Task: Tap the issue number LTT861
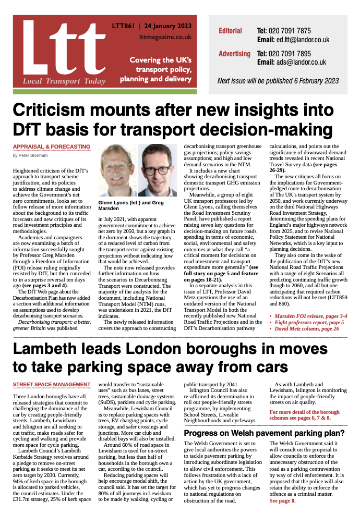point(124,26)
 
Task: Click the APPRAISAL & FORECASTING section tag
point(51,147)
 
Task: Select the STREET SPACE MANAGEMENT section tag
point(51,385)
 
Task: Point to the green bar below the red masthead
point(105,92)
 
